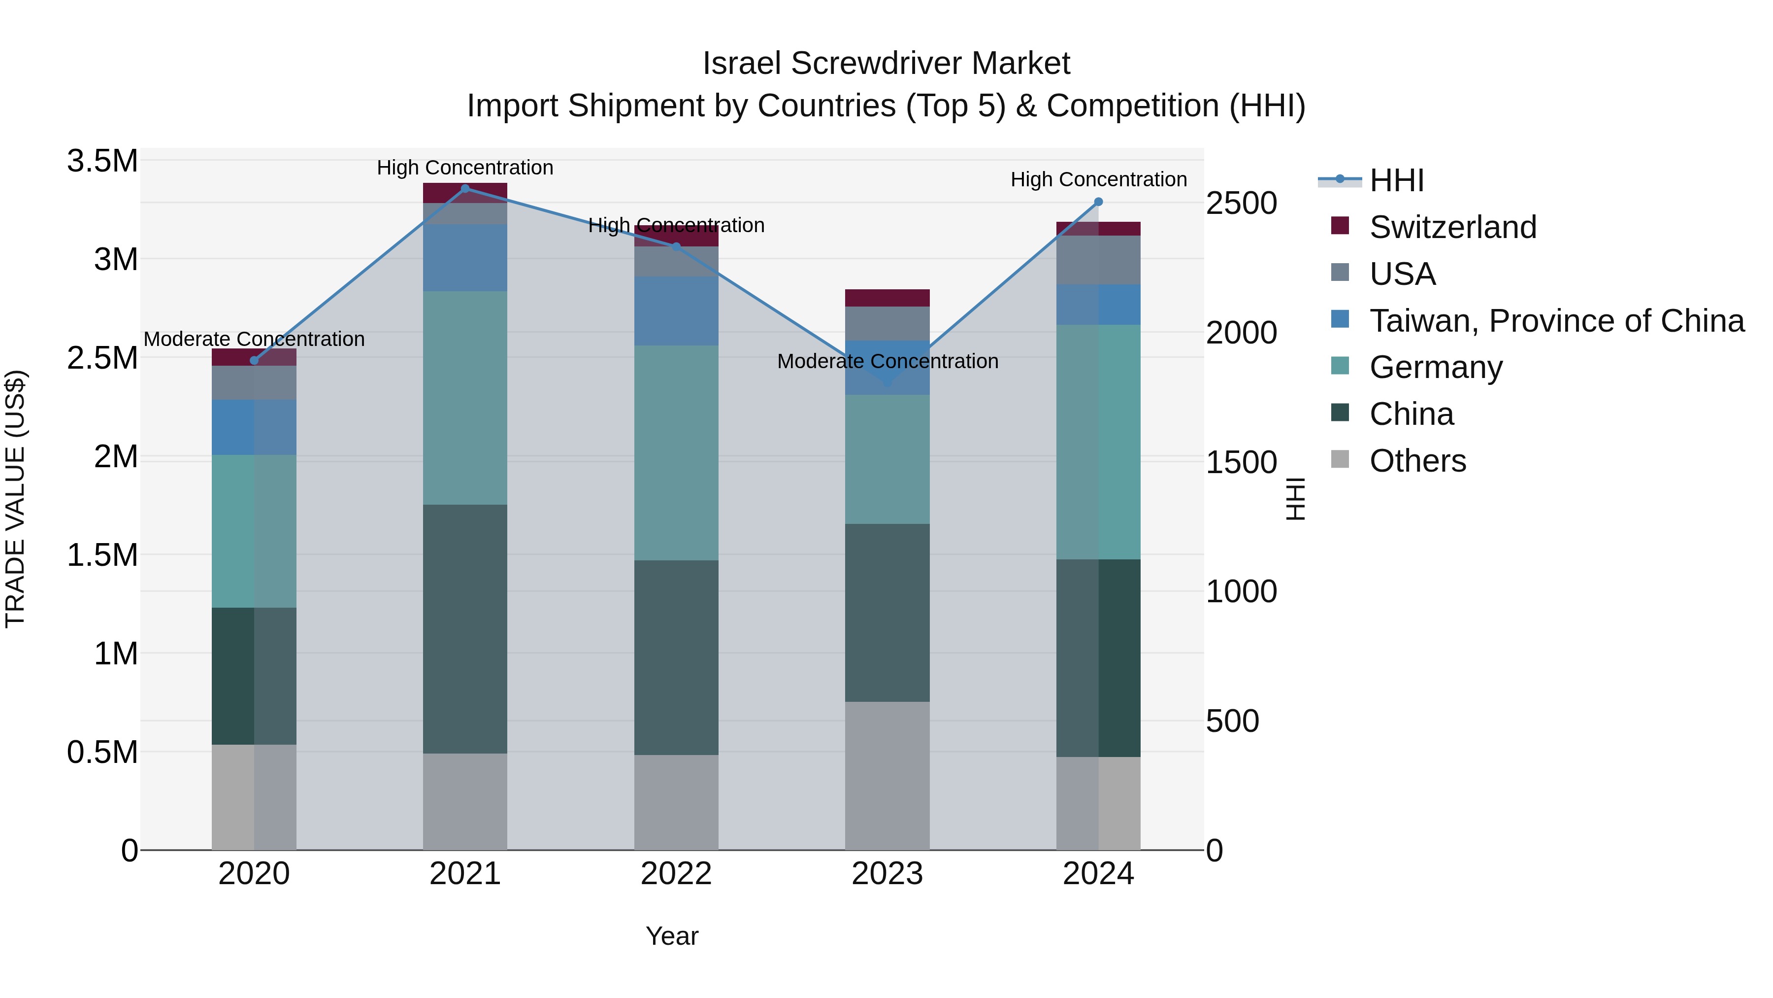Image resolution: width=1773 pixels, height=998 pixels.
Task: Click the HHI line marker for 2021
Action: coord(465,189)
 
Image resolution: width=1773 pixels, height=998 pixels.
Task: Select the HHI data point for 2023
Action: coord(887,382)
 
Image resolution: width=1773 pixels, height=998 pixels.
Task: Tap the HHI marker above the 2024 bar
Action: coord(1098,202)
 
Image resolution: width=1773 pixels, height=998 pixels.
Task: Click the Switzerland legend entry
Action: coord(1452,227)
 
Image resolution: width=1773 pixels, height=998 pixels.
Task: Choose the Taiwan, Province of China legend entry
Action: coord(1555,321)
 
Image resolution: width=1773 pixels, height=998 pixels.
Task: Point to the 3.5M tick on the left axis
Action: coord(102,161)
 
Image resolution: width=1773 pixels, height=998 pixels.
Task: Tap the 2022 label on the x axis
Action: coord(676,874)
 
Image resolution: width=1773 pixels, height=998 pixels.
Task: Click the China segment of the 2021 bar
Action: coord(465,628)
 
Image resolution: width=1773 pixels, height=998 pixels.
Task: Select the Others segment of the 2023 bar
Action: coord(887,776)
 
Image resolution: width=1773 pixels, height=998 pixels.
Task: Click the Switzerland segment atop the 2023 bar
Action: coord(887,298)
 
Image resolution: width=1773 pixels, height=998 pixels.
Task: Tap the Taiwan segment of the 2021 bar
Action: coord(465,258)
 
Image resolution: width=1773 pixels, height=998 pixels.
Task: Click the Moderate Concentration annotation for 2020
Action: coord(254,339)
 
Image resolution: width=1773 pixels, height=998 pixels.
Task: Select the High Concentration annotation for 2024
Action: coord(1098,179)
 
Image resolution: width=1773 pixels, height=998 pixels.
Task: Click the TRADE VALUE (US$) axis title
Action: coord(15,499)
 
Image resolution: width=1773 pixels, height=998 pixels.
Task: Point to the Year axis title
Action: coord(672,936)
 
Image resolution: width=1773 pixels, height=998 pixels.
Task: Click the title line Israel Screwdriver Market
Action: coord(886,64)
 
